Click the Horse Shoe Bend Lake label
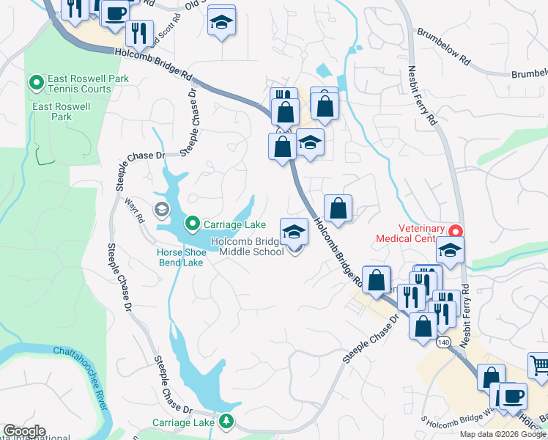180,257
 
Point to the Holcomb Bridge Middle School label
248,246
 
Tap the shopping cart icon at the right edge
538,364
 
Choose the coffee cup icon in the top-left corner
115,13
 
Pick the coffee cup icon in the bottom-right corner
513,397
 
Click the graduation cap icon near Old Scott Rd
221,22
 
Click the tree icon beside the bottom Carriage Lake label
227,421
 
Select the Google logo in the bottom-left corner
24,431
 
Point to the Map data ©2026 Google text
503,434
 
